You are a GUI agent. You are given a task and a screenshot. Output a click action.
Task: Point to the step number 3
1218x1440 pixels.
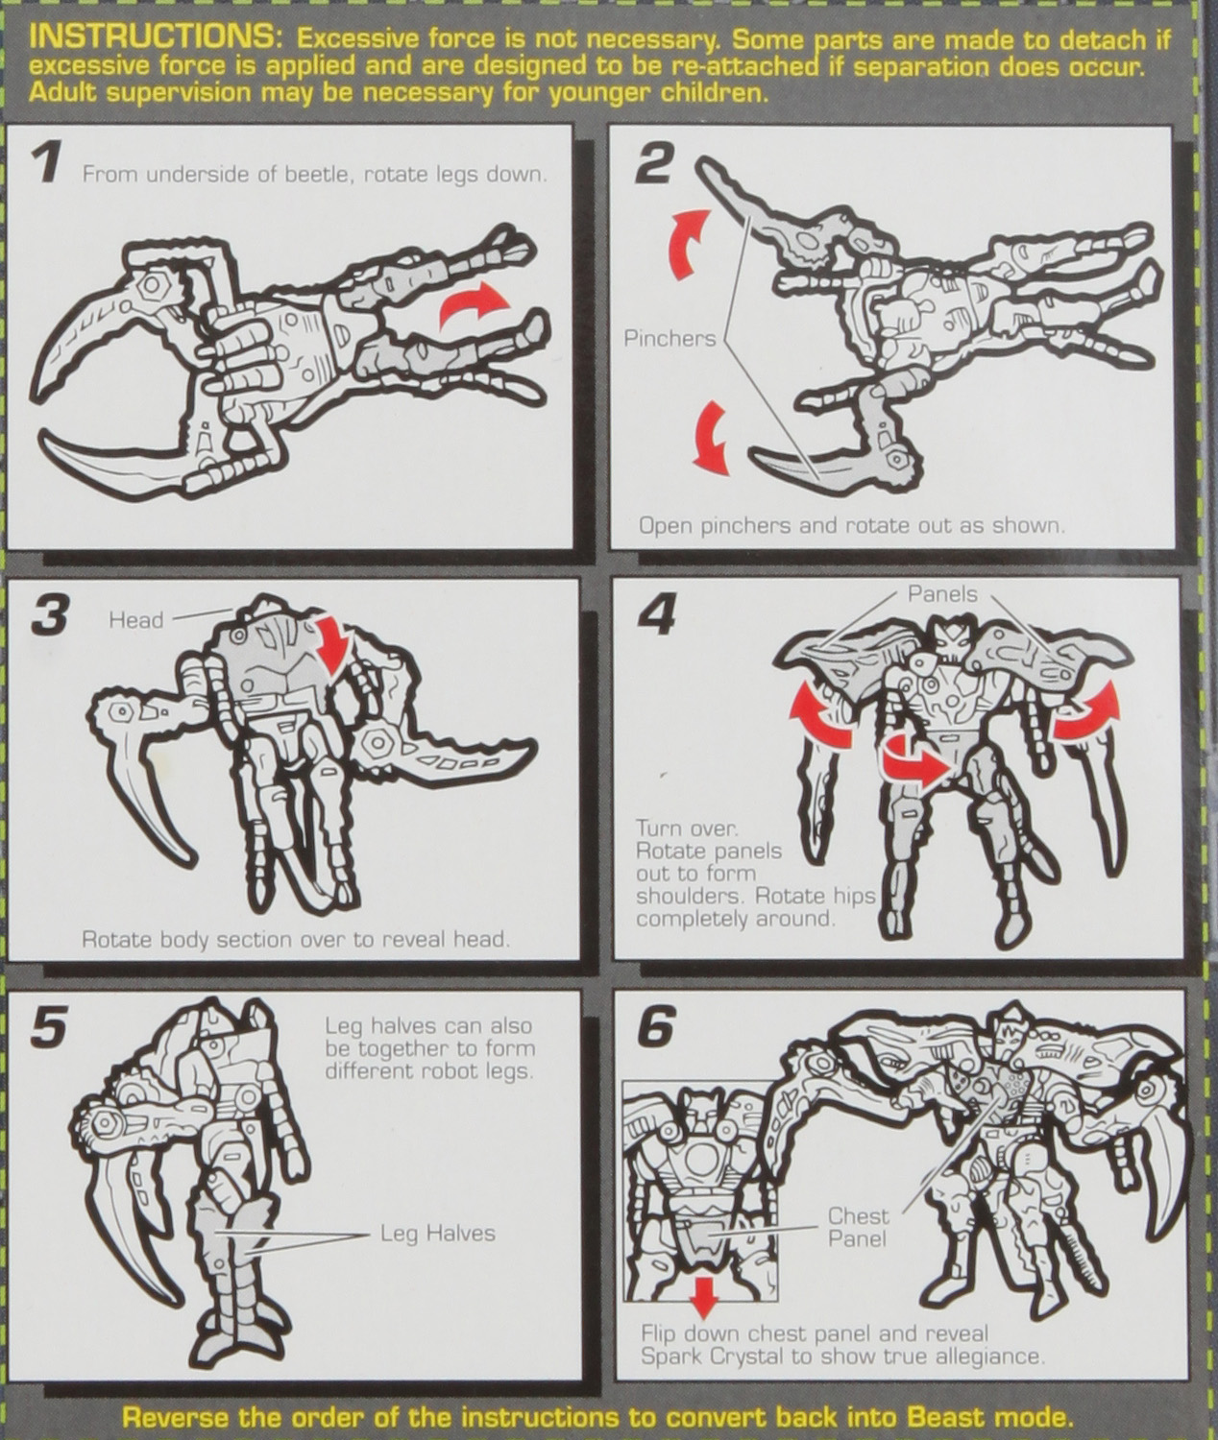click(50, 615)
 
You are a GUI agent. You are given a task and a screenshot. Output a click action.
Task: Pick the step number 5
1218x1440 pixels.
click(49, 1028)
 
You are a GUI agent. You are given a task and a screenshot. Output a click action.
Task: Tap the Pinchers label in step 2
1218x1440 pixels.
click(670, 338)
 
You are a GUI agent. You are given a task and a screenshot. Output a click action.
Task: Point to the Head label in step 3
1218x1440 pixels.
click(135, 620)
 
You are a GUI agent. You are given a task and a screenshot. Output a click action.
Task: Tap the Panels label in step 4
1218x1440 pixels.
click(942, 594)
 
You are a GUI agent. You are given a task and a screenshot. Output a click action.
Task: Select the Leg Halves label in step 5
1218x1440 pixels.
click(437, 1233)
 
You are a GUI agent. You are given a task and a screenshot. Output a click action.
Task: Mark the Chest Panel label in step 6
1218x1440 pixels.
click(858, 1227)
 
